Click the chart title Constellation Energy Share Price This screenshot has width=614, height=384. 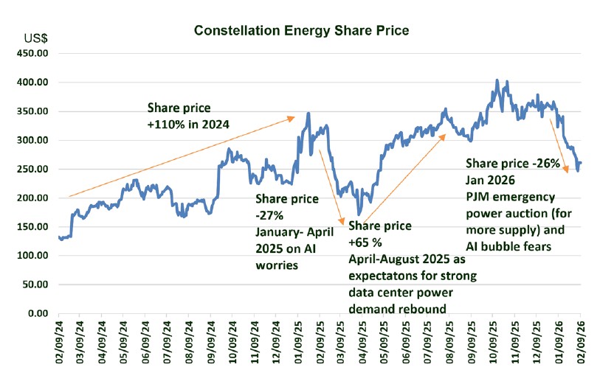pyautogui.click(x=301, y=31)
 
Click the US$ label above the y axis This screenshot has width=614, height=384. pyautogui.click(x=37, y=38)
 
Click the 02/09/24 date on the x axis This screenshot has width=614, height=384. pyautogui.click(x=60, y=340)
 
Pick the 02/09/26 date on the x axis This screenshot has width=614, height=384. pyautogui.click(x=581, y=340)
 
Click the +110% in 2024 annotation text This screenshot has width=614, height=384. pyautogui.click(x=189, y=125)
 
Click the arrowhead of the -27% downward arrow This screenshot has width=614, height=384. pyautogui.click(x=342, y=222)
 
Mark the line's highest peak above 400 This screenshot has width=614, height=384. pyautogui.click(x=497, y=80)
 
